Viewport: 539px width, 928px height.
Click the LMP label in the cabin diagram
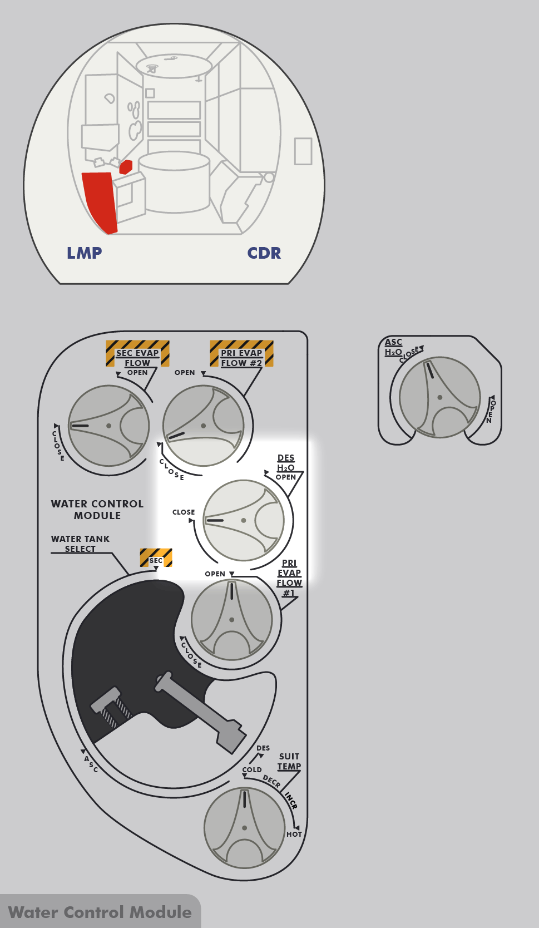(85, 253)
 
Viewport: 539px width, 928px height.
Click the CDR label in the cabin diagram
(264, 253)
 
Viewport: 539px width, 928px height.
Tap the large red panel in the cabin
(100, 202)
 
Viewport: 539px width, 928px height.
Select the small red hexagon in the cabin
(126, 166)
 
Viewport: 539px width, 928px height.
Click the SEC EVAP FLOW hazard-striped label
(137, 353)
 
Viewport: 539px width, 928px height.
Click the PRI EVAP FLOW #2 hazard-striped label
(241, 353)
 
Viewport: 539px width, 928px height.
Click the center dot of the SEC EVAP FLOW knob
(108, 426)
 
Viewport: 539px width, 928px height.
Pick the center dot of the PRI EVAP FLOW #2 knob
(203, 426)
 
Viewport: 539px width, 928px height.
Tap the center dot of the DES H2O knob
(244, 520)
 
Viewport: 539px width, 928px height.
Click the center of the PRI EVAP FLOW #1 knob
(231, 620)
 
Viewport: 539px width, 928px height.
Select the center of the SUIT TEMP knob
(244, 828)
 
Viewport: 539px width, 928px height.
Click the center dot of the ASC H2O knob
(439, 397)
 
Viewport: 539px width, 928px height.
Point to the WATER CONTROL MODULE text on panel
(97, 510)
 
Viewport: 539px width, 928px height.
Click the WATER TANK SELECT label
(80, 544)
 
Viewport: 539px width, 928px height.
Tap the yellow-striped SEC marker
(156, 557)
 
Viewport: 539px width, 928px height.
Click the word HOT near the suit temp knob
(294, 834)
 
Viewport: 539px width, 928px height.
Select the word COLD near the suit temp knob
(252, 770)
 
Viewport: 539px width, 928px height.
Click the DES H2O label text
(286, 463)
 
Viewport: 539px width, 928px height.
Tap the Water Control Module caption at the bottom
(100, 912)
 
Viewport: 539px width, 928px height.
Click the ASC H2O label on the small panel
(393, 347)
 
